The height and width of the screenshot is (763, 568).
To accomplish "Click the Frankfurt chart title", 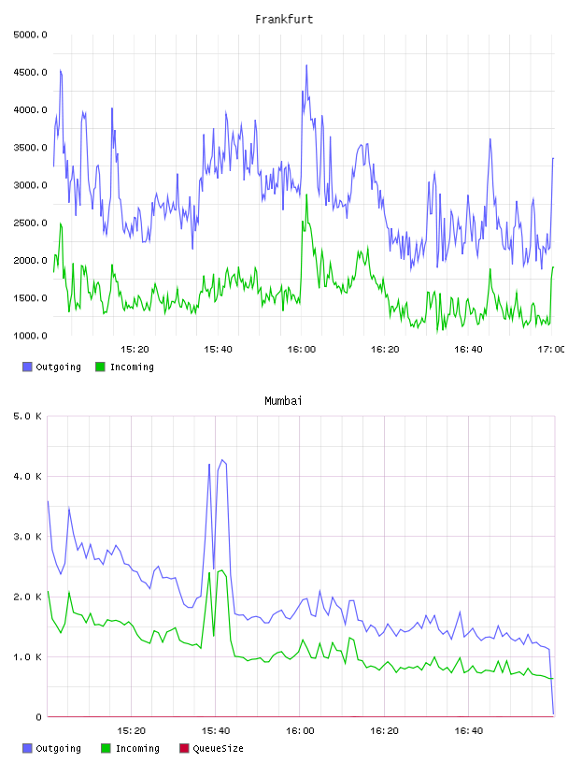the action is coord(284,20).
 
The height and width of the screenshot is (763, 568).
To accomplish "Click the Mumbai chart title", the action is coord(283,401).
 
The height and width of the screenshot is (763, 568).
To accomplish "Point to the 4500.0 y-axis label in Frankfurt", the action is coord(30,73).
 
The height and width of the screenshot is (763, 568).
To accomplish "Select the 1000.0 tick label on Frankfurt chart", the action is coord(30,336).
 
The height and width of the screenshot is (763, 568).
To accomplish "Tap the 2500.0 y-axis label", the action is coord(30,223).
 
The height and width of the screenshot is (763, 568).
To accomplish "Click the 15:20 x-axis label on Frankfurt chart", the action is coord(135,350).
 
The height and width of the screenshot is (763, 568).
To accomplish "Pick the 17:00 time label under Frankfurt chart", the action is coord(550,350).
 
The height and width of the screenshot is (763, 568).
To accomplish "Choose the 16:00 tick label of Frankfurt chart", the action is coord(302,350).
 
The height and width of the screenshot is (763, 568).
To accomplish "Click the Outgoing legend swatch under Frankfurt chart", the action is coord(27,367).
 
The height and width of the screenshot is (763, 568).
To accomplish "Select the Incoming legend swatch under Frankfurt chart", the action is coord(100,367).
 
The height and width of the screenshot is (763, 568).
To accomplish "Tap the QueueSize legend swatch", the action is coord(184,748).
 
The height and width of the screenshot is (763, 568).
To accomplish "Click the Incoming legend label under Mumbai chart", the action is coord(137,748).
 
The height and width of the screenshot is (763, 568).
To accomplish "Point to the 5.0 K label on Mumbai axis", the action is coord(27,416).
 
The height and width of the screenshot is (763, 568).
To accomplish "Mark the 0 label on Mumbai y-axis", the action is coord(38,717).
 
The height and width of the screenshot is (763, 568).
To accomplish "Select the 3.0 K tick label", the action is coord(27,537).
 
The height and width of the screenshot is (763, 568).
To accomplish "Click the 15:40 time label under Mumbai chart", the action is coord(216,731).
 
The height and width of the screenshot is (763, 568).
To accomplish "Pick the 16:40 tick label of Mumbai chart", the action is coord(468,731).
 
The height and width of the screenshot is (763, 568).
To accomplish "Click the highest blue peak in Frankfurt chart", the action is coord(306,65).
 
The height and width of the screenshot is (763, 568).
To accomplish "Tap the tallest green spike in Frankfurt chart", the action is coord(306,195).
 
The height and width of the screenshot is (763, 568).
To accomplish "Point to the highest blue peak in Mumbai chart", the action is coord(221,460).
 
